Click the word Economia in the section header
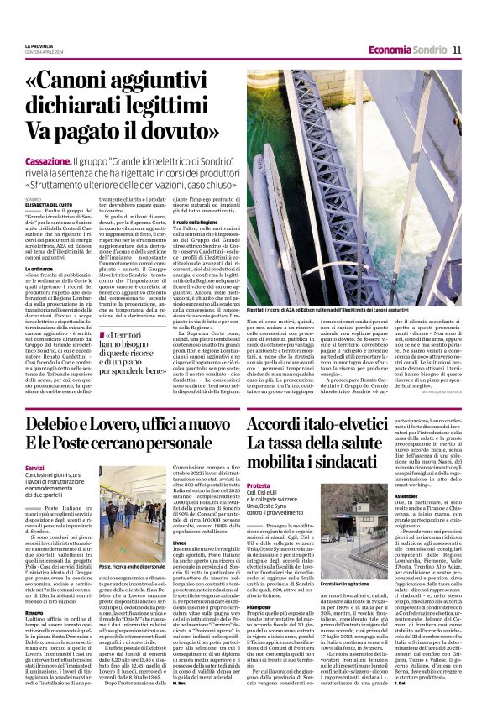390,50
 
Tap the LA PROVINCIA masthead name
39,45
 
